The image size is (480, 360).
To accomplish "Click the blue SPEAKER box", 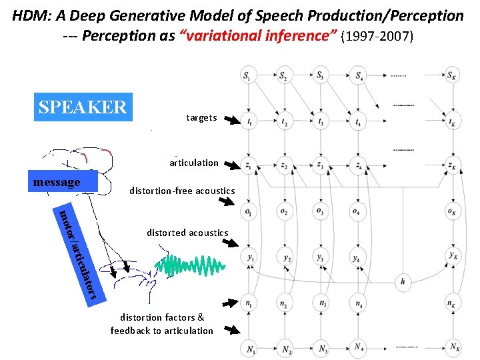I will (x=83, y=107).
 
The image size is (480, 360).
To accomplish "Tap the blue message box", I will (x=65, y=182).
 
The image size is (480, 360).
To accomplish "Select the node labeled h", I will (x=402, y=282).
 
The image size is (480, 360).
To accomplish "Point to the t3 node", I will (x=322, y=122).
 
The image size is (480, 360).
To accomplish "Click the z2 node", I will (x=285, y=166).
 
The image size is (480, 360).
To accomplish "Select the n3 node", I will (x=323, y=302).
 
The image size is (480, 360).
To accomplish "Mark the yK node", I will (x=453, y=256).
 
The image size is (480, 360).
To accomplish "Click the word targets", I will (x=201, y=118).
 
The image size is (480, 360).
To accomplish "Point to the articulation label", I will (x=194, y=163).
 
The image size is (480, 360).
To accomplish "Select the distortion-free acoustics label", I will (x=182, y=191).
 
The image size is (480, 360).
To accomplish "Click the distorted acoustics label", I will (x=187, y=233).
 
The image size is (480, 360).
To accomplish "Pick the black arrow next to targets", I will (x=231, y=120).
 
